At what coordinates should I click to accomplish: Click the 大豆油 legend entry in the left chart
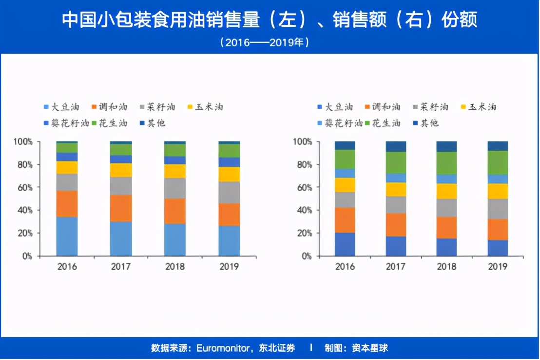61,107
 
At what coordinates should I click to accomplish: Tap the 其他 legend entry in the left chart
152,123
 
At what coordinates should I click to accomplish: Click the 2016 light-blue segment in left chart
67,236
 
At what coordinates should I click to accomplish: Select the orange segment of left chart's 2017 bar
121,208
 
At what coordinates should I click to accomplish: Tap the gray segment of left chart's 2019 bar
229,192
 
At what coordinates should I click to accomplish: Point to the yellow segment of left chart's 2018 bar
175,171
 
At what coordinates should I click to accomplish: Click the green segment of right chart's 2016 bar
345,159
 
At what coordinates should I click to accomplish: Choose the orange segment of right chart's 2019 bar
498,229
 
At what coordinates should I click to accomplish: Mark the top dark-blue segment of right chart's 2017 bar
396,146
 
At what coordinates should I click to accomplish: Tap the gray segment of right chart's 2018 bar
446,208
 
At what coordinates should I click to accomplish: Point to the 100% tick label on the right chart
302,142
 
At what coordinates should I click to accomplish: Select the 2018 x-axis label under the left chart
175,267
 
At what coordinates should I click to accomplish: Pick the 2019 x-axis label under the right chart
498,267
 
